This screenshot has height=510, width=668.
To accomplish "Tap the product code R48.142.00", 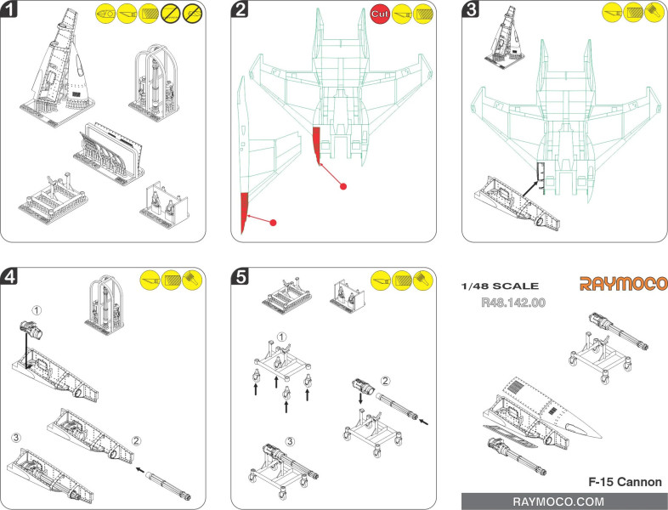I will [x=512, y=301].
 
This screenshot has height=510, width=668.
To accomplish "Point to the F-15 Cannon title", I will [x=624, y=482].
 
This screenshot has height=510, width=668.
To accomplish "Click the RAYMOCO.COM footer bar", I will [x=564, y=501].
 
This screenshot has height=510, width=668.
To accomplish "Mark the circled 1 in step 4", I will [x=37, y=309].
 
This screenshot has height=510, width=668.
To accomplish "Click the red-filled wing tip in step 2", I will [x=246, y=212].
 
